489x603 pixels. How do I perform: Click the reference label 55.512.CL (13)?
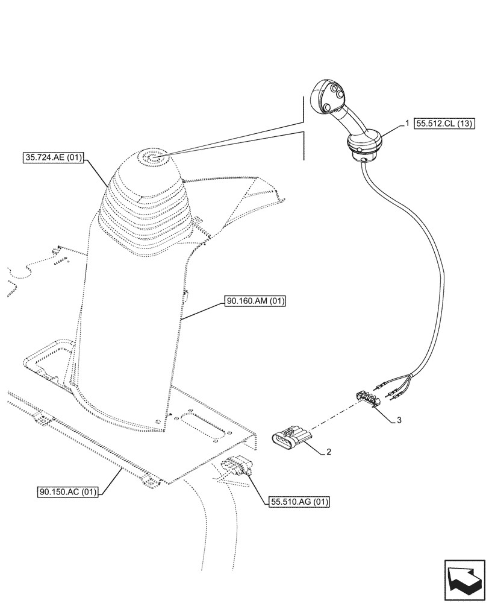coord(445,125)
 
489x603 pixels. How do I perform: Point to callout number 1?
coord(407,123)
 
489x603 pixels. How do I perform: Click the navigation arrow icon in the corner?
coord(464,579)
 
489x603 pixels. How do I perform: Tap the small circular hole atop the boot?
coord(148,159)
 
